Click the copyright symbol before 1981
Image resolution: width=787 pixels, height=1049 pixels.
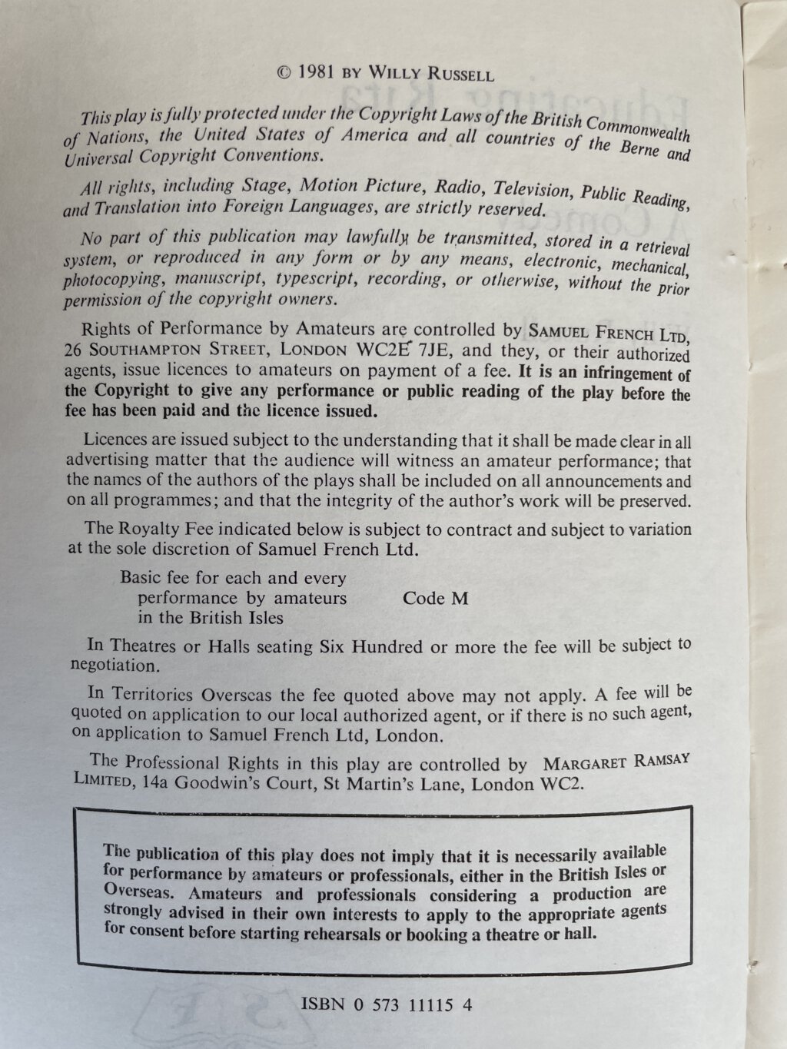(x=283, y=74)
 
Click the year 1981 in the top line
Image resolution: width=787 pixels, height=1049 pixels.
(x=314, y=74)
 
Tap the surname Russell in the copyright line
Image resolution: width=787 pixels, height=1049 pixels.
(x=457, y=75)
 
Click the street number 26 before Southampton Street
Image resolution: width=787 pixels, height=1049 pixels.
(x=75, y=350)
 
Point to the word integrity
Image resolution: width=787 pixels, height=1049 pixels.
(x=433, y=501)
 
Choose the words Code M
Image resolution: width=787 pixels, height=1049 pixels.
(x=435, y=598)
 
